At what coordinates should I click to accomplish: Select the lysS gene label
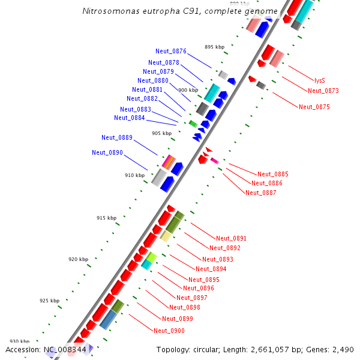tap(319, 80)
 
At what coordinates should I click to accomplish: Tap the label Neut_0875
tap(314, 107)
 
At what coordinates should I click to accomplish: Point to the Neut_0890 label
tap(107, 152)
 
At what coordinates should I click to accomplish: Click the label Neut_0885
tap(272, 174)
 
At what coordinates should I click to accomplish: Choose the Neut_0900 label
tap(169, 331)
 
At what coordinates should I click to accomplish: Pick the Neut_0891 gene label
tap(231, 238)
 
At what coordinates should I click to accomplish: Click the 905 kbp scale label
tap(161, 133)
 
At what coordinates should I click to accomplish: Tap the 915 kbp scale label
tap(106, 218)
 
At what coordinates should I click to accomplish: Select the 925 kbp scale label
tap(49, 301)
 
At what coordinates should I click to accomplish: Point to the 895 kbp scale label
tap(214, 47)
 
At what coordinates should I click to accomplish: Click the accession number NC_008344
tap(65, 349)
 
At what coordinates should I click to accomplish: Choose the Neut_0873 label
tap(323, 91)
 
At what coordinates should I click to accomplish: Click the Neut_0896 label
tap(199, 288)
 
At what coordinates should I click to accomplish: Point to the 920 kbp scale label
tap(78, 259)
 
